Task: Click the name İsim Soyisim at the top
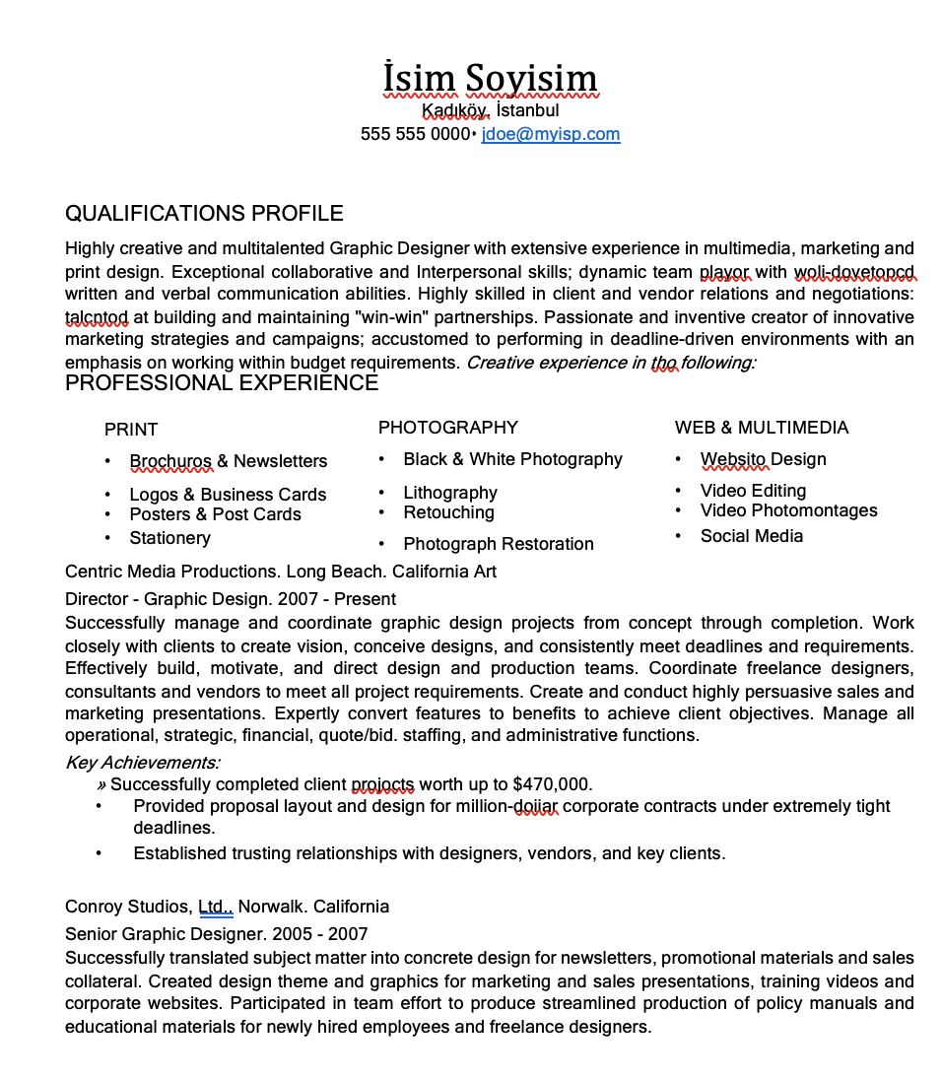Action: [490, 79]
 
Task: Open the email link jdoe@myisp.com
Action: [550, 134]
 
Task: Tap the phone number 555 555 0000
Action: [415, 134]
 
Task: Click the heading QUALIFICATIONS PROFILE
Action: [204, 214]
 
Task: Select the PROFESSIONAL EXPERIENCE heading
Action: [222, 383]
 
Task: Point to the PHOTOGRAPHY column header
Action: [447, 428]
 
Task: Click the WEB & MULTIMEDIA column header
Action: [761, 428]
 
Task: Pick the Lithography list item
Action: [450, 493]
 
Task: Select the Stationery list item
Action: [169, 538]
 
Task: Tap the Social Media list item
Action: [751, 536]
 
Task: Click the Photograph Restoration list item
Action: [498, 544]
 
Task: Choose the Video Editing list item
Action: [753, 491]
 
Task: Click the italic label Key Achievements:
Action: [143, 763]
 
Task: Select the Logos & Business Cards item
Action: [228, 495]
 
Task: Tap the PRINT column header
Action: [131, 430]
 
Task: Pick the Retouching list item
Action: [448, 512]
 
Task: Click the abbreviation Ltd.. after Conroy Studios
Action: [216, 907]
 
